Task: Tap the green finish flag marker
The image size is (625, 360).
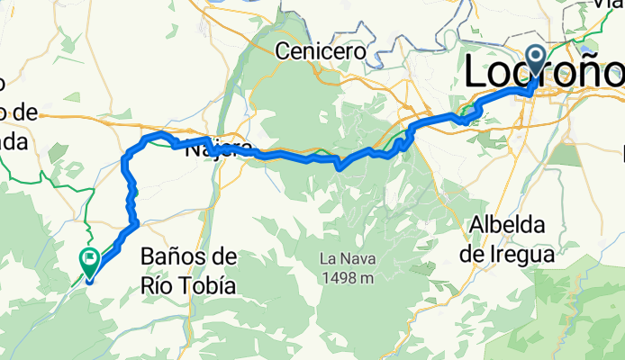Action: point(90,262)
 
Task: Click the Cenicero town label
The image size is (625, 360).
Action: point(322,51)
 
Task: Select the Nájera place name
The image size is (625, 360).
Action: point(213,150)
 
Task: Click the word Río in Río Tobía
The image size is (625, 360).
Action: point(159,287)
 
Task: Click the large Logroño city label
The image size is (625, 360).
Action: point(544,73)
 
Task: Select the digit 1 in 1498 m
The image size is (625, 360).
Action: point(322,278)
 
